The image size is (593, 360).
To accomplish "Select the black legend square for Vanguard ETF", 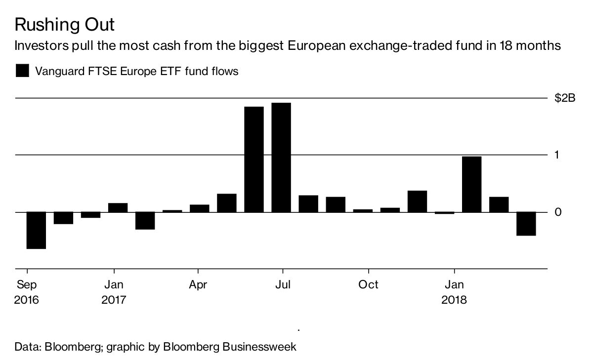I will (23, 71).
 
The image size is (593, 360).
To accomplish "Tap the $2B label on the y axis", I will (564, 99).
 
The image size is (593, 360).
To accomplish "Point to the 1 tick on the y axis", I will (557, 155).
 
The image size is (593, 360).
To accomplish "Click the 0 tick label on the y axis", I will (558, 212).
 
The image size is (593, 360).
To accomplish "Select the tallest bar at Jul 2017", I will (281, 158).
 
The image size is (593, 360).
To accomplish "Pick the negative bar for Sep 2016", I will (36, 230).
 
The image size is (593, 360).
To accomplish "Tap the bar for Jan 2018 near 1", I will (471, 184).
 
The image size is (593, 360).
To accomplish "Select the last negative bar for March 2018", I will (526, 224).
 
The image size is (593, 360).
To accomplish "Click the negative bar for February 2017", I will (145, 221).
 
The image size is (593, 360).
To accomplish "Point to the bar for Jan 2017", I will (118, 208).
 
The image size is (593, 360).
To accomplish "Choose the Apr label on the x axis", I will (198, 285).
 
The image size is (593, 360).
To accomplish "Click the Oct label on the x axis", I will (368, 285).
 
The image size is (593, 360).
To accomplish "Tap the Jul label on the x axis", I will (282, 285).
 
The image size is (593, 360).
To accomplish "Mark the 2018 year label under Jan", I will (454, 300).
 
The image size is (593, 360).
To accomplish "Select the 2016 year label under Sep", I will (27, 300).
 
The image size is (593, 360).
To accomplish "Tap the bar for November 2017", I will (417, 201).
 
